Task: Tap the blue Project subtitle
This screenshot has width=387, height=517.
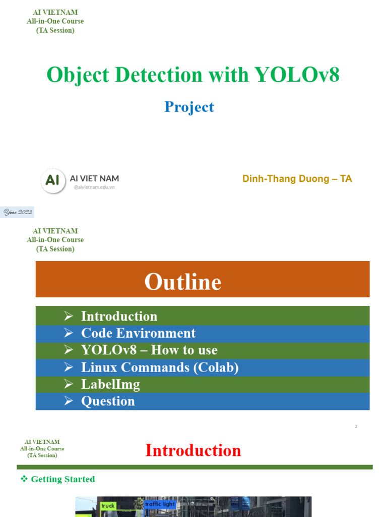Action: pyautogui.click(x=189, y=107)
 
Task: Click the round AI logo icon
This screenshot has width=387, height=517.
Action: pyautogui.click(x=53, y=180)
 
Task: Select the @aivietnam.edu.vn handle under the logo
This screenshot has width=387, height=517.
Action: pyautogui.click(x=94, y=187)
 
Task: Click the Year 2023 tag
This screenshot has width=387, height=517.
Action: pyautogui.click(x=18, y=213)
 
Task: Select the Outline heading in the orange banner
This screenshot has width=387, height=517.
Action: pyautogui.click(x=183, y=282)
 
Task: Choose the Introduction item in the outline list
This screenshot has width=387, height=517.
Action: pyautogui.click(x=119, y=316)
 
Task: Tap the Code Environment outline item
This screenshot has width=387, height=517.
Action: pyautogui.click(x=138, y=333)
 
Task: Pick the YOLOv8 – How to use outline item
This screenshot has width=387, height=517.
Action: pyautogui.click(x=149, y=350)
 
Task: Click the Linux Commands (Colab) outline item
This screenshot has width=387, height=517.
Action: pyautogui.click(x=160, y=367)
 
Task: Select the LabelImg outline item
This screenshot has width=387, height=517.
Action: pyautogui.click(x=110, y=384)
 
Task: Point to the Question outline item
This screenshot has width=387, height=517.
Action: pyautogui.click(x=108, y=401)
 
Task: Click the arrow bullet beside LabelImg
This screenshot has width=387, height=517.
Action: pyautogui.click(x=69, y=384)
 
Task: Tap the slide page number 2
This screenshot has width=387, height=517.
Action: pyautogui.click(x=356, y=427)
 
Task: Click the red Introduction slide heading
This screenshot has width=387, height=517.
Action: pyautogui.click(x=193, y=450)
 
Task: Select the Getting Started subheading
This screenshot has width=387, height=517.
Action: pyautogui.click(x=63, y=479)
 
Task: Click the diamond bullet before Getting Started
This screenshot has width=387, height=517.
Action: pyautogui.click(x=24, y=479)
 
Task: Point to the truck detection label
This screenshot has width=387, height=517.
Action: pyautogui.click(x=108, y=505)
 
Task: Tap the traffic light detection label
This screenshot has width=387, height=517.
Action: pyautogui.click(x=160, y=504)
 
